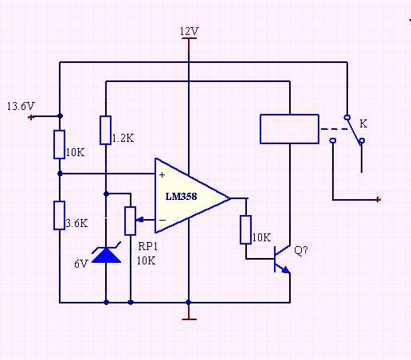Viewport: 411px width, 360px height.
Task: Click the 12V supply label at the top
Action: coord(189,31)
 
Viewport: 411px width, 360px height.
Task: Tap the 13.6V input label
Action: coord(20,105)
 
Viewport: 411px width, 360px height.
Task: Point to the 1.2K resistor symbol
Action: coord(106,130)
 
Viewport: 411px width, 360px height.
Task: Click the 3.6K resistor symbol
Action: coord(60,215)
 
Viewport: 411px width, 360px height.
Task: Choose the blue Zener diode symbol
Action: coord(106,254)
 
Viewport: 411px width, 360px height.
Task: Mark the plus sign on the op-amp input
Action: coord(162,174)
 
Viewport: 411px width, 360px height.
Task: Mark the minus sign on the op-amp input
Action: coord(162,219)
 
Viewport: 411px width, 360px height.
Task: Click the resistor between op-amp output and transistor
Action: coord(246,229)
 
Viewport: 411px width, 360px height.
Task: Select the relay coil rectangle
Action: coord(290,129)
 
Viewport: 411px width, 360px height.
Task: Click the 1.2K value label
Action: coord(123,138)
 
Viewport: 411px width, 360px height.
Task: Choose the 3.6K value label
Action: coord(77,224)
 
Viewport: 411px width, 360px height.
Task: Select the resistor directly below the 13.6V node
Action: coord(60,144)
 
